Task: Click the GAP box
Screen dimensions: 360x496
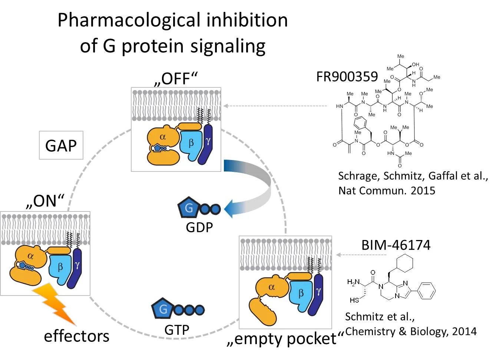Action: pyautogui.click(x=61, y=145)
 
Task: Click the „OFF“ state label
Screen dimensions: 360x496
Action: pyautogui.click(x=176, y=79)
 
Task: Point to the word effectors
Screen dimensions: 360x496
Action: pyautogui.click(x=77, y=336)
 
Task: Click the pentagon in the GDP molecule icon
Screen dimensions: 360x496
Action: pyautogui.click(x=188, y=208)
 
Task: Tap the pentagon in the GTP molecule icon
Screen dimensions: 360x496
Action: pyautogui.click(x=162, y=309)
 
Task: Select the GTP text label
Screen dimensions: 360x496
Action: pyautogui.click(x=177, y=329)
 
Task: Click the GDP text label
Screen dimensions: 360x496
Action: pyautogui.click(x=199, y=227)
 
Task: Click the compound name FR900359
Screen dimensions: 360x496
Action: pyautogui.click(x=347, y=77)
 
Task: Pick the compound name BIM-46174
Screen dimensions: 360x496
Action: pyautogui.click(x=396, y=245)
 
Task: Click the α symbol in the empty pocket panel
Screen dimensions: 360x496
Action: pyautogui.click(x=272, y=287)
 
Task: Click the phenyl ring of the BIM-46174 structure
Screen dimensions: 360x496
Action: pyautogui.click(x=427, y=291)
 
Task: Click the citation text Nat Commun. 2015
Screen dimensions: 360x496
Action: pyautogui.click(x=387, y=190)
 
